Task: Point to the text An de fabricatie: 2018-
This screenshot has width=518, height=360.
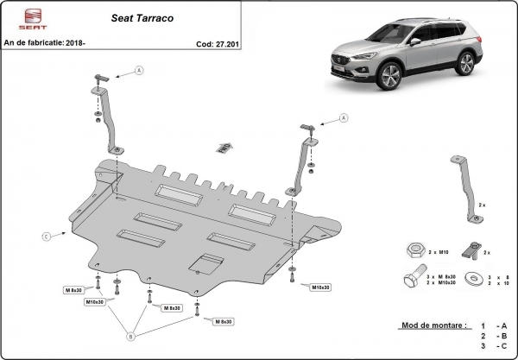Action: pyautogui.click(x=47, y=41)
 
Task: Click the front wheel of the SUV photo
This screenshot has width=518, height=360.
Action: pyautogui.click(x=390, y=80)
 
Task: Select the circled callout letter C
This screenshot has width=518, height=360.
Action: pyautogui.click(x=45, y=234)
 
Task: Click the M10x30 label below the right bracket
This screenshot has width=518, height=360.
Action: pyautogui.click(x=320, y=287)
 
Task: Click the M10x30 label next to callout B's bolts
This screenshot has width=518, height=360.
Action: pyautogui.click(x=95, y=302)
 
